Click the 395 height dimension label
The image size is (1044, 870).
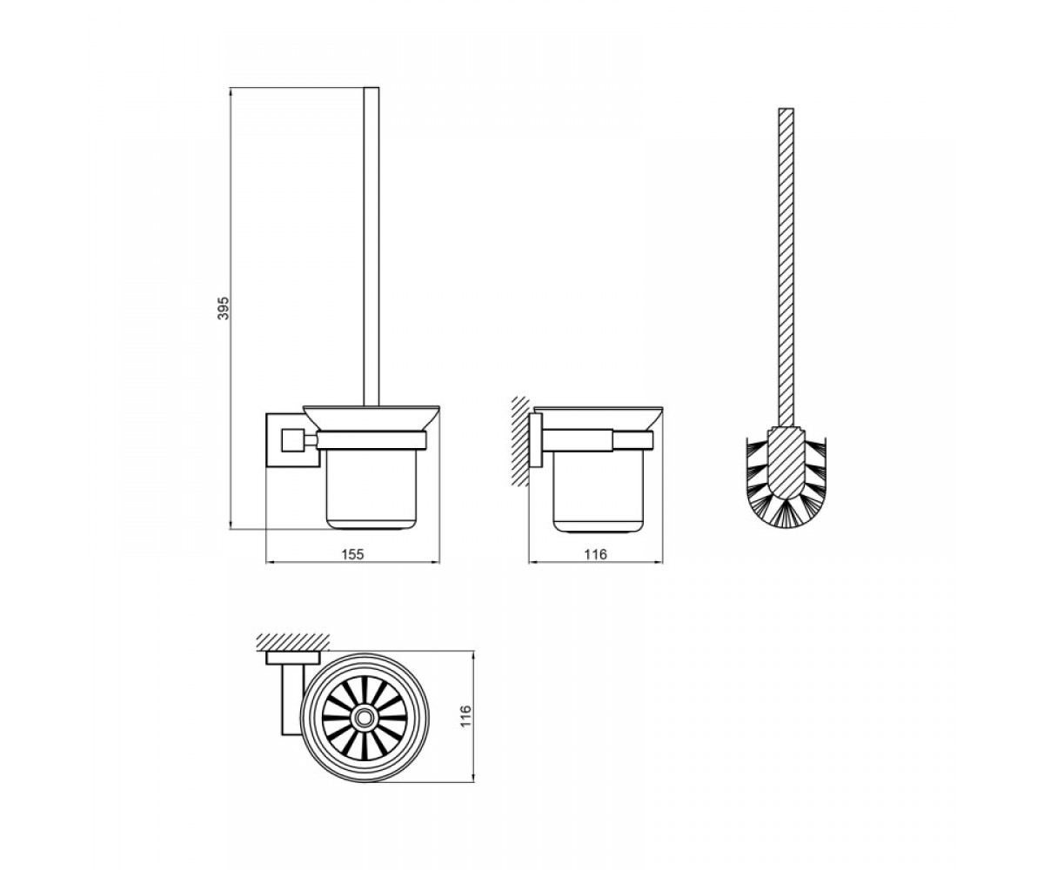pos(224,308)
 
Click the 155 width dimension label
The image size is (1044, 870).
pos(353,554)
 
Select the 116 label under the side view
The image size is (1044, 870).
pos(595,554)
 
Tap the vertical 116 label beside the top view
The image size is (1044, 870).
pos(465,717)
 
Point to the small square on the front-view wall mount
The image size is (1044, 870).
pos(291,440)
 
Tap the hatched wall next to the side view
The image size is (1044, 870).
pos(520,441)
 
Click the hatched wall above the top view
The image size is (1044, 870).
pos(293,641)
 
